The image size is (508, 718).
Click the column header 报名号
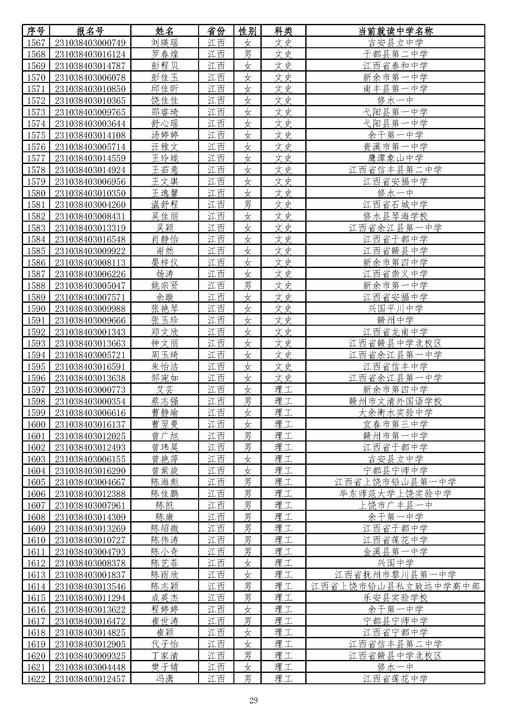coord(90,31)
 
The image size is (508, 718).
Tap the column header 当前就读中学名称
coord(395,31)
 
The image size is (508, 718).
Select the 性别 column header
coord(247,31)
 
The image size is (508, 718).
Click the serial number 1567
coord(36,43)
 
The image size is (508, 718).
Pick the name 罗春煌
coord(165,54)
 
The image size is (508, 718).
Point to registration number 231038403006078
coord(90,77)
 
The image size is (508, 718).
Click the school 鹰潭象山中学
coord(395,158)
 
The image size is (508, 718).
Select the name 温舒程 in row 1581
coord(165,204)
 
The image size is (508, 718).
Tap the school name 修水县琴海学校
coord(395,216)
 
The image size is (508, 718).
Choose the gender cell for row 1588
coord(247,285)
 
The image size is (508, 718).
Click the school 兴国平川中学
coord(395,309)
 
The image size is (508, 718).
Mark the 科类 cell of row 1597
coord(283,390)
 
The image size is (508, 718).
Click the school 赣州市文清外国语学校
coord(395,401)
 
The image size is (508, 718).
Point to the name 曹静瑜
coord(165,413)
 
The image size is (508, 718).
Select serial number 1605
coord(36,482)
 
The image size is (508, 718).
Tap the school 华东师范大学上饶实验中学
coord(395,494)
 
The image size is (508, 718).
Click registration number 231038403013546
coord(90,586)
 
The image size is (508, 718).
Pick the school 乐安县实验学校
coord(395,598)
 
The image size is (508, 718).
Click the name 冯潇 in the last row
coord(165,679)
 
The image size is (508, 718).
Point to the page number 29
coord(253,700)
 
